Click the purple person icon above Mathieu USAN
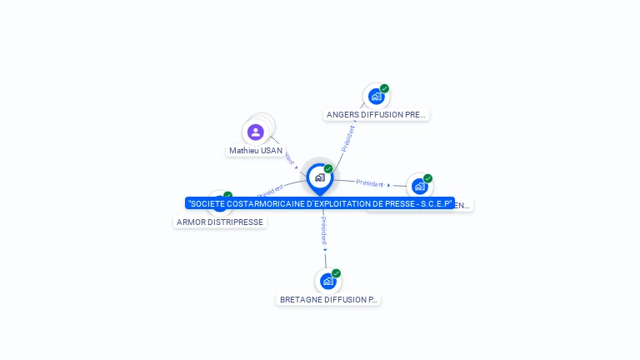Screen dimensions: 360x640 pos(256,132)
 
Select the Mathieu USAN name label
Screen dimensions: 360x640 pos(256,151)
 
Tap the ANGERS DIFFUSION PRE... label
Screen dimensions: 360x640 pos(377,115)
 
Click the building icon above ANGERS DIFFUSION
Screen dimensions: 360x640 pos(376,97)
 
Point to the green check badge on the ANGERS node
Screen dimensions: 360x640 pos(384,88)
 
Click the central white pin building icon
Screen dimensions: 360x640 pos(319,177)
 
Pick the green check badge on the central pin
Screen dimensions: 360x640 pos(328,168)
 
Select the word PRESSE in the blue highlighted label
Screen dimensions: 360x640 pos(390,203)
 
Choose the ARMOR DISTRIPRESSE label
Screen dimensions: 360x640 pos(220,222)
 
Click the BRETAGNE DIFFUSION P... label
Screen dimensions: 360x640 pos(328,299)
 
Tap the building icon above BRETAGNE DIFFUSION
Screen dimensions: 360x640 pos(327,282)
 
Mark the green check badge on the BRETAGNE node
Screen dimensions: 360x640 pos(336,273)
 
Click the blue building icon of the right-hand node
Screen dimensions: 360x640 pos(419,187)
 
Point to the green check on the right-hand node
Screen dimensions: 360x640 pos(427,178)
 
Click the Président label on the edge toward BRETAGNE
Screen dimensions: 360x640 pos(324,229)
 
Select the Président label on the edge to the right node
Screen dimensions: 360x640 pos(369,182)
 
